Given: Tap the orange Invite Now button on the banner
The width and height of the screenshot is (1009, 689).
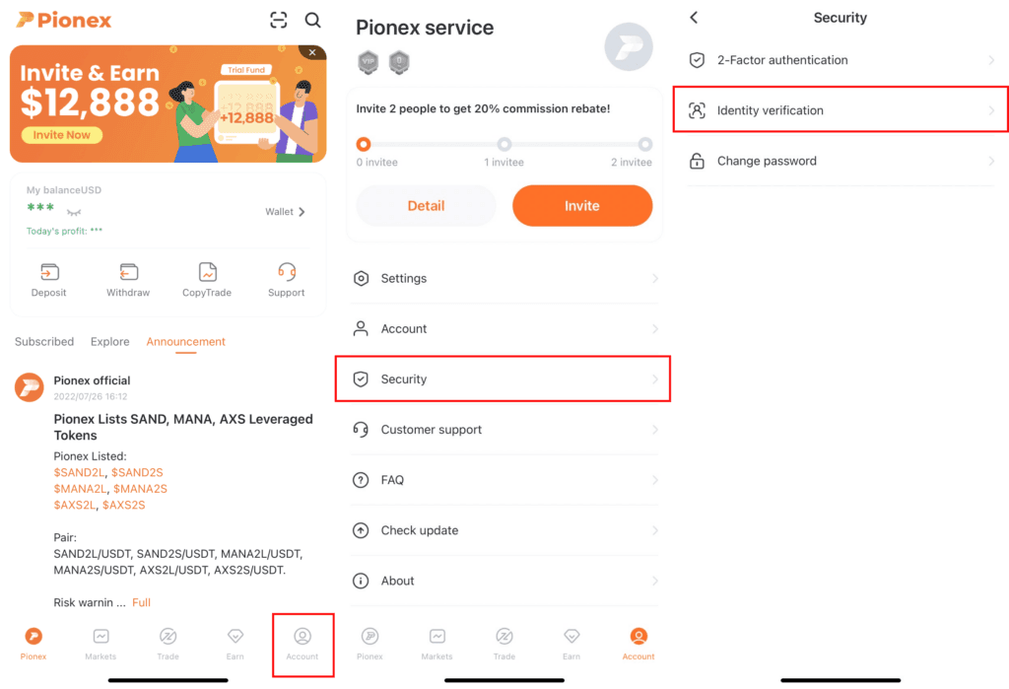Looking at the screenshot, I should [61, 135].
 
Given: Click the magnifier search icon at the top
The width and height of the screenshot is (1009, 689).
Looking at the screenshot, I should [312, 20].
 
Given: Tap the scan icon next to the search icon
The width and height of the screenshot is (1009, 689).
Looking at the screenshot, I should [279, 20].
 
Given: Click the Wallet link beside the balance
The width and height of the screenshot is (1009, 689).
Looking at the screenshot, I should [285, 212].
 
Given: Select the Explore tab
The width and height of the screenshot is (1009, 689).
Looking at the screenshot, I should [109, 342].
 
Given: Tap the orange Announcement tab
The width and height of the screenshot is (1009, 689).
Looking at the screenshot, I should [185, 342].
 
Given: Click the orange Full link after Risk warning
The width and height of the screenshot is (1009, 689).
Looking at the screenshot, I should [141, 602].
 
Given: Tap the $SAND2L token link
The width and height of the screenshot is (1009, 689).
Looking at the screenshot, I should [80, 473].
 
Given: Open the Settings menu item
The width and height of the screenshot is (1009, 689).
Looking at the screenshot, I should [404, 279].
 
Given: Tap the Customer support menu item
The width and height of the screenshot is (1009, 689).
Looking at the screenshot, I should [431, 430].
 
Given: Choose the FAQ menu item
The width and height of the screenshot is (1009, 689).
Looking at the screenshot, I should [392, 480].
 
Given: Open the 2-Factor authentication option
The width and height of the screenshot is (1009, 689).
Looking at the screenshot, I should [781, 60].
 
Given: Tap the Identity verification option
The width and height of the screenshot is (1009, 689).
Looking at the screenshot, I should [770, 110].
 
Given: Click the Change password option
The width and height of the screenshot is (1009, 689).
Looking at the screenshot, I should [767, 161].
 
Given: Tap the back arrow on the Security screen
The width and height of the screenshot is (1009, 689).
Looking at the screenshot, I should [694, 18].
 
